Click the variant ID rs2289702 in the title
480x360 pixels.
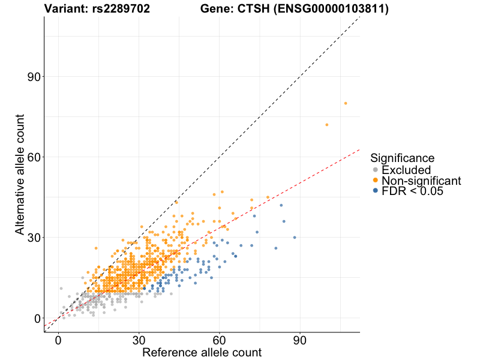120,9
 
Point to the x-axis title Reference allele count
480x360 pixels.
202,352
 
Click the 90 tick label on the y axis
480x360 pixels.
33,76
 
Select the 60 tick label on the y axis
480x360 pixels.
33,157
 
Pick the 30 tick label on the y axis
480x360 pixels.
33,238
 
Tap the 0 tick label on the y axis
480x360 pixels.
37,318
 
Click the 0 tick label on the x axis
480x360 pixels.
58,340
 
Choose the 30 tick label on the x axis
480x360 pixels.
139,340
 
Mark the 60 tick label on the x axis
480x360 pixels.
219,340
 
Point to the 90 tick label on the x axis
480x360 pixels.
300,340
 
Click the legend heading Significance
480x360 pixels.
402,158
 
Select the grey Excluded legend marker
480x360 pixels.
376,170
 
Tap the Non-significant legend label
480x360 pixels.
421,181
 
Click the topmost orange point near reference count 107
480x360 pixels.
346,103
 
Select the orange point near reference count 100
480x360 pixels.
327,125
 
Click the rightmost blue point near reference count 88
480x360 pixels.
295,238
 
